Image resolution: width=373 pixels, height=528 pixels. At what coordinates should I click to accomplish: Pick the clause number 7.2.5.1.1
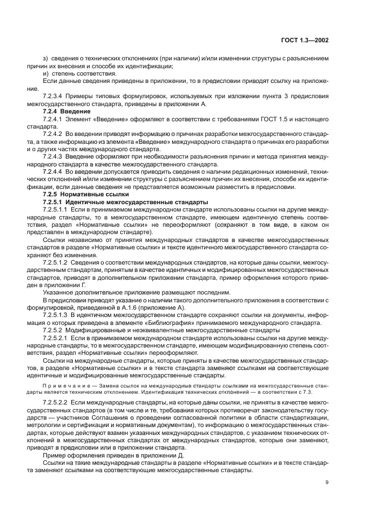(58, 209)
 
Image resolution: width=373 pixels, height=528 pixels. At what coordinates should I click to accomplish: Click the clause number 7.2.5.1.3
(58, 314)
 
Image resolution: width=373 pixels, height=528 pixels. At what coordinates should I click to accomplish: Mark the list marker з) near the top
(46, 58)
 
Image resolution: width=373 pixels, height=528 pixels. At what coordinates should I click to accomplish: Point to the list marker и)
(46, 74)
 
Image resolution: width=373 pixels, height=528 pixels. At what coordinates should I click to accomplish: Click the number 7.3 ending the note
(323, 391)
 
